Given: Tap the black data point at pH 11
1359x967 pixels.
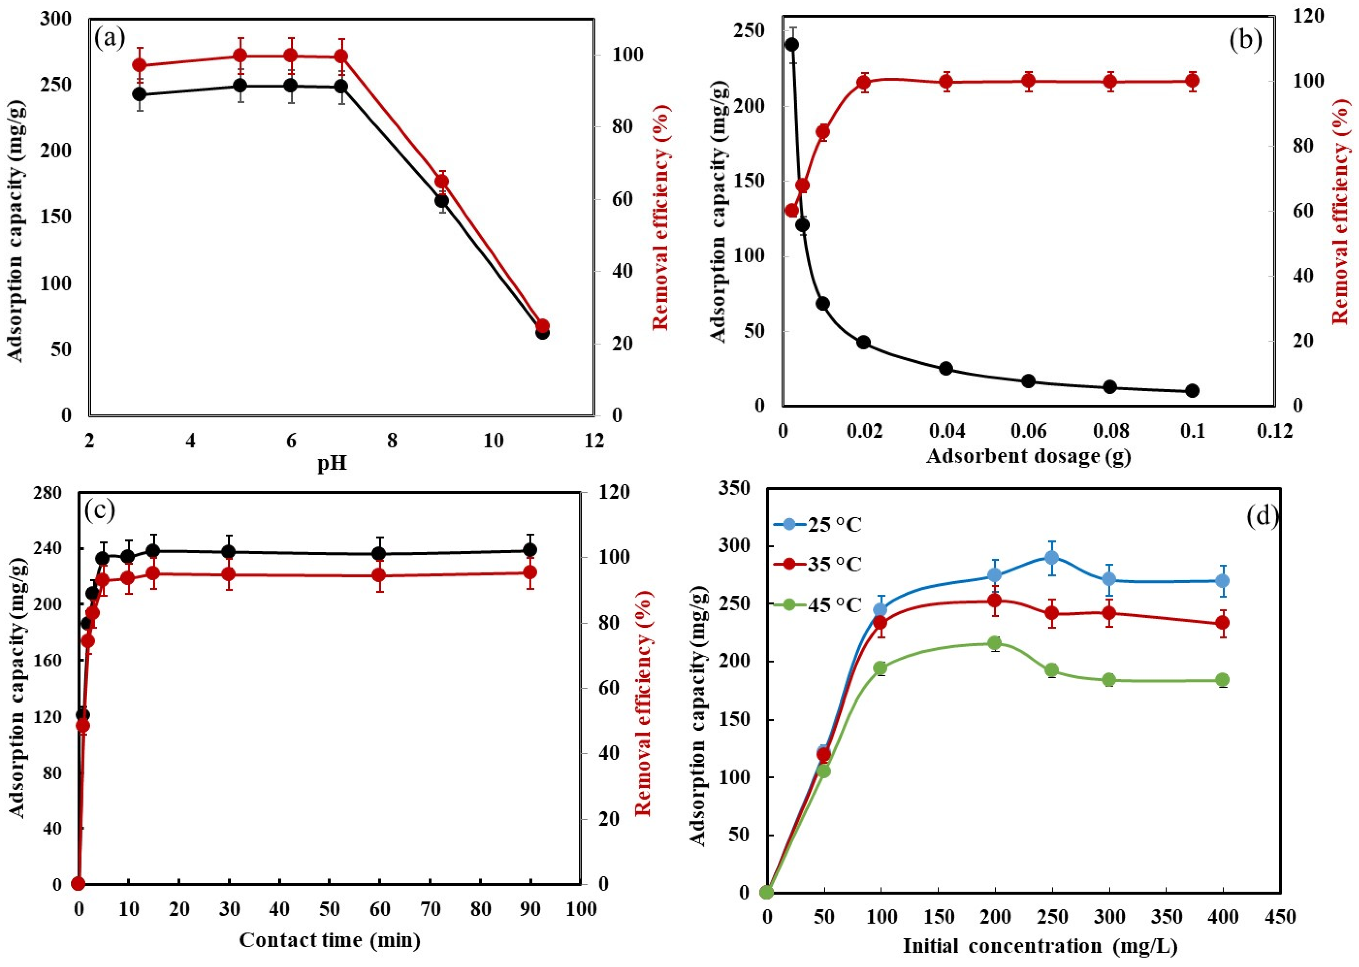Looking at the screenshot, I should pyautogui.click(x=542, y=332).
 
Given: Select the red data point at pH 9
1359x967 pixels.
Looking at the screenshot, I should pyautogui.click(x=441, y=182).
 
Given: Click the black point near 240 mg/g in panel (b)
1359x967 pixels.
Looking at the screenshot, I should pyautogui.click(x=792, y=45).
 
